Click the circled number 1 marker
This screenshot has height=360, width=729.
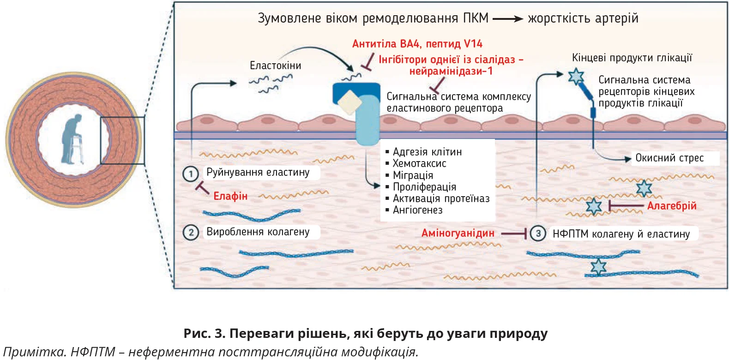click(x=191, y=174)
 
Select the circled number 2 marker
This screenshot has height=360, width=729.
click(x=191, y=232)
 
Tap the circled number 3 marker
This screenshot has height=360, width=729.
click(x=538, y=234)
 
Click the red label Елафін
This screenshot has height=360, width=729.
click(x=230, y=196)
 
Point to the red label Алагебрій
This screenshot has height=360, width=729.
click(x=671, y=206)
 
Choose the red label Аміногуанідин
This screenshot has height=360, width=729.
click(x=458, y=233)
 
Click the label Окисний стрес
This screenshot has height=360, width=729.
click(x=669, y=158)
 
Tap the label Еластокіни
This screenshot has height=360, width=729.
click(x=275, y=66)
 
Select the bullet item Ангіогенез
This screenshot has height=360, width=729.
click(x=417, y=210)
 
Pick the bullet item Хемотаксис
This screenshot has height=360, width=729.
click(x=419, y=163)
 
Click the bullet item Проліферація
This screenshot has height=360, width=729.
click(x=424, y=187)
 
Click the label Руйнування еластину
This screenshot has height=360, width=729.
click(x=258, y=172)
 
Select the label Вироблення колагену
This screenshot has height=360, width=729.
click(x=258, y=232)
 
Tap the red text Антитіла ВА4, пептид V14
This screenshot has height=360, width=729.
click(x=417, y=44)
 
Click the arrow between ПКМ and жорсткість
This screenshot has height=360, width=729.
click(x=507, y=19)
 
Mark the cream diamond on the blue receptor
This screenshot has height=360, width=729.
click(x=350, y=102)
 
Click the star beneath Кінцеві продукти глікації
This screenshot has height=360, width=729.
click(x=576, y=76)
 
